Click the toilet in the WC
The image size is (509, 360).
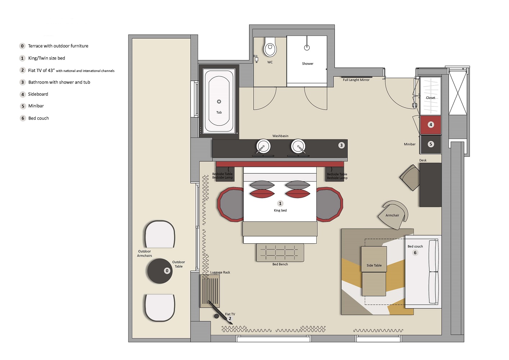coord(270,48)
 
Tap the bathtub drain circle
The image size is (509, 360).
coord(219,102)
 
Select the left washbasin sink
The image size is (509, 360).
coord(263,147)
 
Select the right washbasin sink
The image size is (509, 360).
coord(298,147)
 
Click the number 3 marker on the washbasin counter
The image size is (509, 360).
coord(341,145)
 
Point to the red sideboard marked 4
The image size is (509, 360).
coord(431,125)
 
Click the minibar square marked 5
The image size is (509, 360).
coord(431,144)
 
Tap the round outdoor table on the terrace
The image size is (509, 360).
coord(160,271)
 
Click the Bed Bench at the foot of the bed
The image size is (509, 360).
coord(280,253)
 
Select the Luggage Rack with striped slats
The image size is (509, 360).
coord(210,291)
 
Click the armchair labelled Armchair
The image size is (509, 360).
coord(393,215)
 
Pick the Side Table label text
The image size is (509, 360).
coord(374,265)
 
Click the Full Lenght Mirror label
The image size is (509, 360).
coord(356,80)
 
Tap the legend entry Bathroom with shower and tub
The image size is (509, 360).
coord(59,82)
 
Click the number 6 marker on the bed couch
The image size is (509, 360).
coord(415,253)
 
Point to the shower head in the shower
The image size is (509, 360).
coord(307,47)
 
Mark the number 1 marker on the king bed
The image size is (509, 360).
coord(280,203)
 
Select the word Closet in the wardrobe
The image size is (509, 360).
coord(431,98)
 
